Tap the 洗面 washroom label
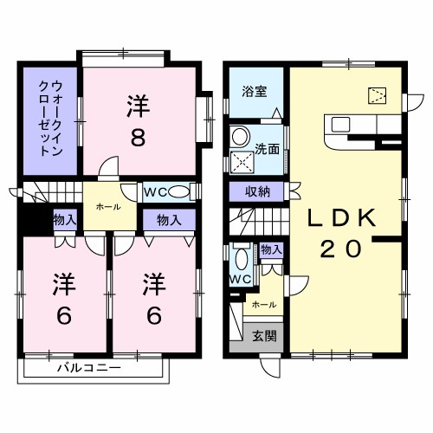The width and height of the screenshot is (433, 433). tap(267, 148)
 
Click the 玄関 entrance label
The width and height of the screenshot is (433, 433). tap(264, 336)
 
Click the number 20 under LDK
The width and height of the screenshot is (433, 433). tap(341, 249)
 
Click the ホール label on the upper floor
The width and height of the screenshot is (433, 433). tap(108, 207)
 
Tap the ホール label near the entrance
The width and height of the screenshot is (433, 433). tap(263, 305)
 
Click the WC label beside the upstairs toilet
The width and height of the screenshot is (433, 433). tap(155, 191)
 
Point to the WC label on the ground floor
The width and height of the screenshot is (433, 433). tap(240, 279)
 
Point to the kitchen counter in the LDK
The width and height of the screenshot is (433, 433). tap(351, 128)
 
